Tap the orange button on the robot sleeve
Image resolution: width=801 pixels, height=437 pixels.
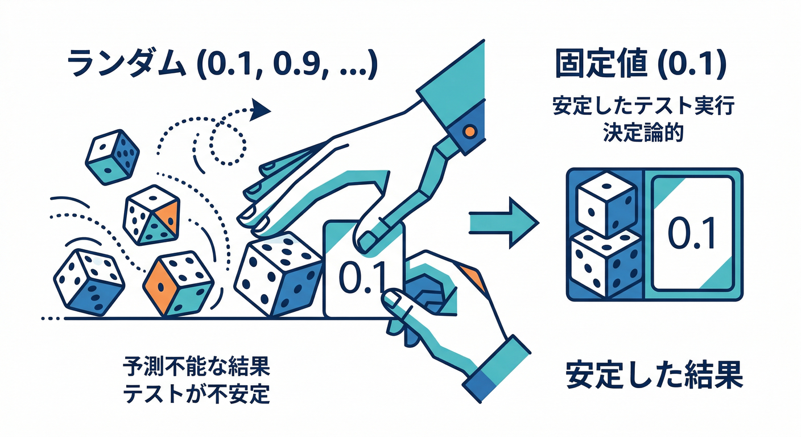pyautogui.click(x=469, y=131)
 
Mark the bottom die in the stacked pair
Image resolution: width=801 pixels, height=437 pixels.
pyautogui.click(x=604, y=263)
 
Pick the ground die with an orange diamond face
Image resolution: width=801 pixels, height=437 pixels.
pyautogui.click(x=177, y=283)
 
